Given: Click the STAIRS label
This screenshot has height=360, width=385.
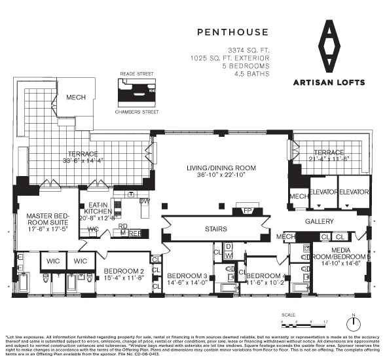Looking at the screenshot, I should tap(216, 229).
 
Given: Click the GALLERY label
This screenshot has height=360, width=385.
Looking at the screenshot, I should tap(319, 222).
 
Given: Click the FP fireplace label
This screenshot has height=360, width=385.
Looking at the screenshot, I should tap(247, 211).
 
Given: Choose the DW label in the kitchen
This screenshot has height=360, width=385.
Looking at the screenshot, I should tap(145, 201).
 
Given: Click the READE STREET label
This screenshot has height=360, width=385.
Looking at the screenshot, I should tap(137, 75).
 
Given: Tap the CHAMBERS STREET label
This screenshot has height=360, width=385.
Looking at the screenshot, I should tap(137, 112).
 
